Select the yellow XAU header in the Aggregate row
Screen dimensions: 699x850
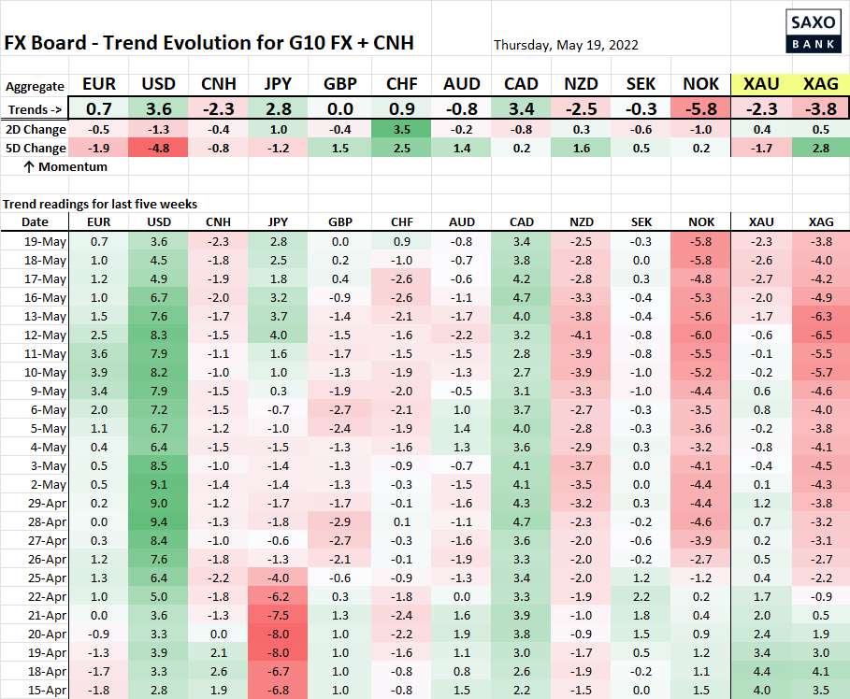[760, 85]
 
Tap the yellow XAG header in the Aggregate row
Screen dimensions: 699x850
[820, 85]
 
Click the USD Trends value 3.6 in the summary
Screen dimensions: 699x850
[158, 107]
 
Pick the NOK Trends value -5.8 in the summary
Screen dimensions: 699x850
[700, 107]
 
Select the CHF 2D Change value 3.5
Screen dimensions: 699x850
[401, 129]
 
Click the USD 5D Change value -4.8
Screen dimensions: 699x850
[158, 148]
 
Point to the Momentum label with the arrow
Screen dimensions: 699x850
[65, 166]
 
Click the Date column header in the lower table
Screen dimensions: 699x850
[35, 221]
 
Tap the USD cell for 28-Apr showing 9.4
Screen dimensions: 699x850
[158, 521]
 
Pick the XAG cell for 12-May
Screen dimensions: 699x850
[820, 335]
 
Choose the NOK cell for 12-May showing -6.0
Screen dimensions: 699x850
[700, 335]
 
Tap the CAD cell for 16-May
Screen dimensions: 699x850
[521, 297]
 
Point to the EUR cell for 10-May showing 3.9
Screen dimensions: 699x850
[98, 372]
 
